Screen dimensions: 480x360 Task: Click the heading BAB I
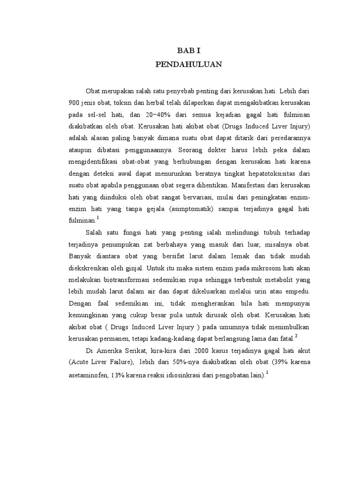(x=188, y=51)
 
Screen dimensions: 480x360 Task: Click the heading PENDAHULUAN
(x=188, y=65)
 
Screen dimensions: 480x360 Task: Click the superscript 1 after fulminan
(x=97, y=217)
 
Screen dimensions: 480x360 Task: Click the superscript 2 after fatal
(x=297, y=336)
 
